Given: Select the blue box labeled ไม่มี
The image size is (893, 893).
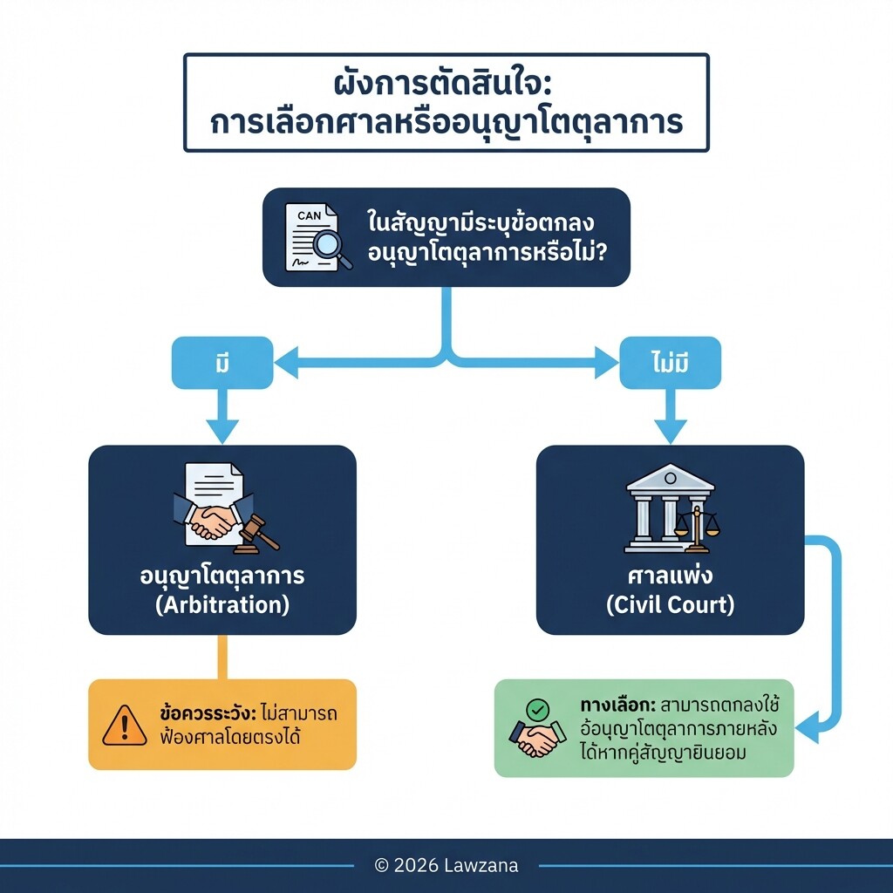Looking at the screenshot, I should click(670, 363).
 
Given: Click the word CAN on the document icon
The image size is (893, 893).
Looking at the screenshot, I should click(309, 215).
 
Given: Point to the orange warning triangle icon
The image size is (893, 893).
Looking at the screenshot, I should click(125, 726).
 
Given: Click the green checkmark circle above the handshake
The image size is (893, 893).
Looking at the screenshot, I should click(539, 710).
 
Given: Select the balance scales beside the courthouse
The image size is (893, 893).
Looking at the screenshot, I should click(698, 525).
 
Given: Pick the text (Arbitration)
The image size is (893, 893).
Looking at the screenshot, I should click(222, 605).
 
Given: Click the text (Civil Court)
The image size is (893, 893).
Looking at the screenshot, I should click(670, 605).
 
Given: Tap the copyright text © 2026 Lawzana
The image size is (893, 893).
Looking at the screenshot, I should click(446, 866).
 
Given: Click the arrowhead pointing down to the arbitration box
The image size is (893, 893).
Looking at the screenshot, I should click(222, 431).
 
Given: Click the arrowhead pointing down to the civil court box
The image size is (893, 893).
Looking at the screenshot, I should click(670, 431).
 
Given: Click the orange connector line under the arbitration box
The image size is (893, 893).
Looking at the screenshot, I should click(222, 657).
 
